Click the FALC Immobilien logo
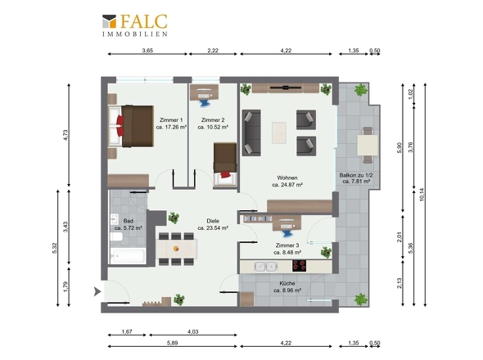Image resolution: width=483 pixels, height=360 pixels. tap(135, 25)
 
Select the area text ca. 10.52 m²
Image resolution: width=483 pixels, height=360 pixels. tap(213, 127)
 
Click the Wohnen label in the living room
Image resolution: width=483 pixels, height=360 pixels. tap(287, 178)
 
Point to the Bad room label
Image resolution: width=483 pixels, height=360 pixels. tap(129, 221)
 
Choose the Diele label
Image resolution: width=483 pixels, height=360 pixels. tap(213, 221)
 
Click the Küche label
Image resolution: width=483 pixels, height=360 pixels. tap(287, 283)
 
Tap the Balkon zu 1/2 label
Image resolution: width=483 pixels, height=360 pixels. tap(356, 175)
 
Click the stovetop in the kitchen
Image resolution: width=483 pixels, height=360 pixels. tap(299, 266)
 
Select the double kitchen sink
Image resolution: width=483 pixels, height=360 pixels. tap(266, 266)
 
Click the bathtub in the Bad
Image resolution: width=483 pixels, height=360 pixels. tap(128, 256)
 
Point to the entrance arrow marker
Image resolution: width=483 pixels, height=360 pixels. tap(97, 291)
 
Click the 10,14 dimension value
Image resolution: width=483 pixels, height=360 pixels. tap(422, 195)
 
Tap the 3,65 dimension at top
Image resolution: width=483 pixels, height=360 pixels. tap(147, 51)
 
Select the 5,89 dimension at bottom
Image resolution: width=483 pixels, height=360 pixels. tap(172, 343)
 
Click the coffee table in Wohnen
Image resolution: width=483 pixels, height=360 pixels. tap(279, 133)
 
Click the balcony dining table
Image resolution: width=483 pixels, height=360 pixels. tap(368, 145)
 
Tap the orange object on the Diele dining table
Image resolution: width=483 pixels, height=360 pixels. tap(176, 249)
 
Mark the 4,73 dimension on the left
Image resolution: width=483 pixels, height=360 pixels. tap(65, 135)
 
